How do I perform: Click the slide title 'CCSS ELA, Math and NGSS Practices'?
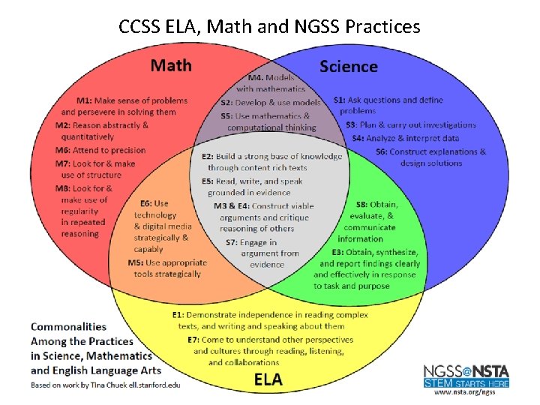[269, 27]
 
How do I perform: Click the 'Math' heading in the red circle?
[171, 65]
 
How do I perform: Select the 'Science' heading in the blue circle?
[349, 67]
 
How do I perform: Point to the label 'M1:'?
[84, 100]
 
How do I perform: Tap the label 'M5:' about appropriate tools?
[136, 262]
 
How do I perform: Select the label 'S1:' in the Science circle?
[340, 100]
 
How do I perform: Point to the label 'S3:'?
[351, 125]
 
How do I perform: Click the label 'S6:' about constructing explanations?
[382, 151]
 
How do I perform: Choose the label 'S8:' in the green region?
[362, 205]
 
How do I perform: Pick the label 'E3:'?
[337, 252]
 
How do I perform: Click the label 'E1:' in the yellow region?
[178, 315]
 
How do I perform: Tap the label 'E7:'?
[193, 340]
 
